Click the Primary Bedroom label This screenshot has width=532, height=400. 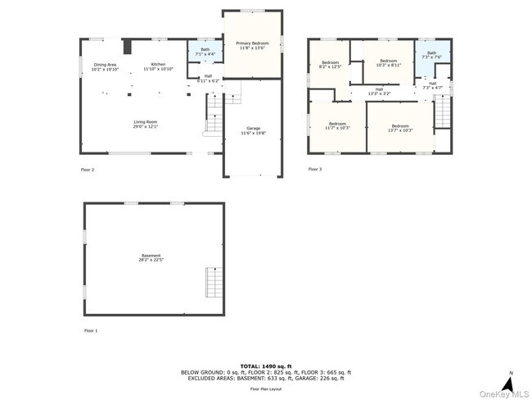253,45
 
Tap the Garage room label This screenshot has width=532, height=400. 254,131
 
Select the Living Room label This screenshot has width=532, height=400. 146,125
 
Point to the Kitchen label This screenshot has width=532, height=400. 158,66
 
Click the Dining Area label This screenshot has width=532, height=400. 106,67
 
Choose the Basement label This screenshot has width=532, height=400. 151,257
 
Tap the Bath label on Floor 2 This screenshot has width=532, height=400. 205,52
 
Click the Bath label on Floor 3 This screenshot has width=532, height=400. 431,55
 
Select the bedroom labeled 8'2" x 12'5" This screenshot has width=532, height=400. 330,65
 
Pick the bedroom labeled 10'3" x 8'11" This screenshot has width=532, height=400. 388,62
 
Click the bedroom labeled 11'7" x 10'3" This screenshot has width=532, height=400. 337,125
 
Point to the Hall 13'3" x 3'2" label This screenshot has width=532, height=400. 379,92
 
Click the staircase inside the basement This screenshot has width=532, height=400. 214,284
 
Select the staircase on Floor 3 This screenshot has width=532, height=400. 442,111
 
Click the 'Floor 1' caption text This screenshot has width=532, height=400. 90,330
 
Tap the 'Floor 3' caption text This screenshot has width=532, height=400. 315,169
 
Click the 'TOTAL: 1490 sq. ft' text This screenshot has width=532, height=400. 266,366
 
